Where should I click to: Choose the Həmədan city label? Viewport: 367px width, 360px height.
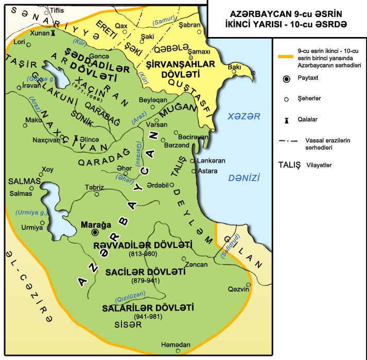(x=176, y=344)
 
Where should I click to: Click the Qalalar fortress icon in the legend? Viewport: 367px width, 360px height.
(x=286, y=120)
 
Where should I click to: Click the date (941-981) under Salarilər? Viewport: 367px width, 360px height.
(x=148, y=316)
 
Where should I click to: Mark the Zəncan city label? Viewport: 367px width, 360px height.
(x=197, y=264)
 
